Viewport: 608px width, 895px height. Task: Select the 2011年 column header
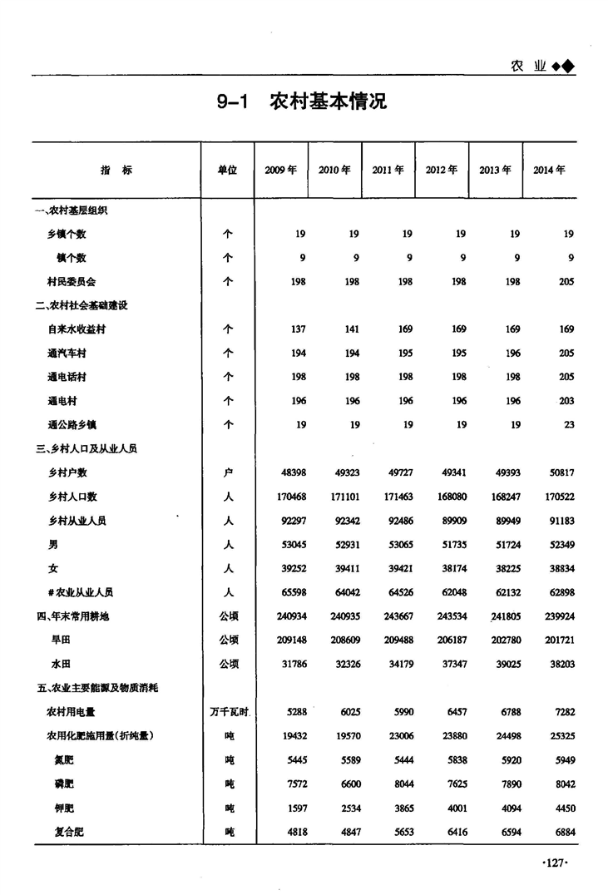pos(388,170)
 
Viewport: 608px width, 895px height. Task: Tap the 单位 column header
pos(228,170)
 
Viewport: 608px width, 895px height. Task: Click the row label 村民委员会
pos(72,282)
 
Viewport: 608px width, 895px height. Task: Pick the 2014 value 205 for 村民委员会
pos(566,282)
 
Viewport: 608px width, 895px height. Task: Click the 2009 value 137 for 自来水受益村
pos(297,329)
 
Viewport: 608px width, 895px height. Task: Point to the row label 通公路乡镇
pos(72,424)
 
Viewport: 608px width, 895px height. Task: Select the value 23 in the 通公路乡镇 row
pos(569,424)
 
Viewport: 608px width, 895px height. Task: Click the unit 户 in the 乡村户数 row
pos(229,472)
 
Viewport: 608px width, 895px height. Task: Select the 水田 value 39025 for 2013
pos(507,664)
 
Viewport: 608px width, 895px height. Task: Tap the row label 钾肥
pos(64,808)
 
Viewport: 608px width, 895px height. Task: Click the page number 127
pos(554,863)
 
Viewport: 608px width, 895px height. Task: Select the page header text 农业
pos(528,67)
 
